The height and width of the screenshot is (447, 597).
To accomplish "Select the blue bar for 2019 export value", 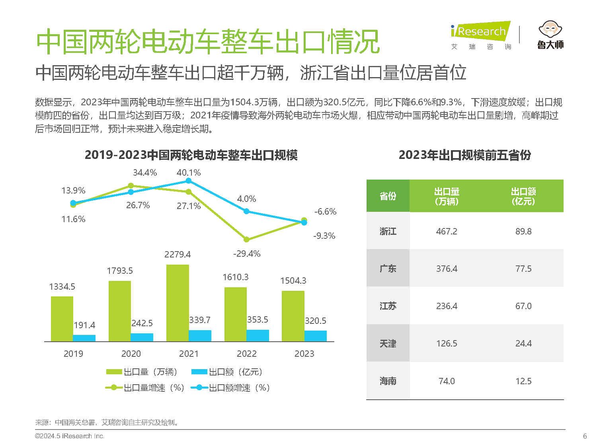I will point(84,338).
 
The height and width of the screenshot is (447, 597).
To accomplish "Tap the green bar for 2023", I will point(293,316).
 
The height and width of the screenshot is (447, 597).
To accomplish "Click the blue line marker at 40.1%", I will point(189,181).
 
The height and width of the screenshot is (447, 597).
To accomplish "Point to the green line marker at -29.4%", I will point(246,239).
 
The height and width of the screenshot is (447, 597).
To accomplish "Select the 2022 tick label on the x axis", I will point(246,354).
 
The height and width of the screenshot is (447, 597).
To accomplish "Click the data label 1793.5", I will point(119,271).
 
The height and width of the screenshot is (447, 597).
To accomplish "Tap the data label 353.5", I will point(258,320).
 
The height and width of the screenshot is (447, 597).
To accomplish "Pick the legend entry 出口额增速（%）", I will point(231,388).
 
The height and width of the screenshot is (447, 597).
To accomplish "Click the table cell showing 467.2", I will point(447,231).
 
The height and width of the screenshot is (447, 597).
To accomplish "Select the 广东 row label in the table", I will point(388,269).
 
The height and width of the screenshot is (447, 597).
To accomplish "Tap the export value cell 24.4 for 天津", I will point(523,343).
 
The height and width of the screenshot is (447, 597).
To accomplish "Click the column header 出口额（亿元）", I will point(523,196).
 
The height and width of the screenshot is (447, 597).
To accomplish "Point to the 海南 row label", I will point(388,381).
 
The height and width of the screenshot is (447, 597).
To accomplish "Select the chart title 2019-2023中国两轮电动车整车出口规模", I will point(191,155).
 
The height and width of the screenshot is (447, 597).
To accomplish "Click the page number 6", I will point(585,436).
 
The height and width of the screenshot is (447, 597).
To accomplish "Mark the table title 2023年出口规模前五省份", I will point(464,155).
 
